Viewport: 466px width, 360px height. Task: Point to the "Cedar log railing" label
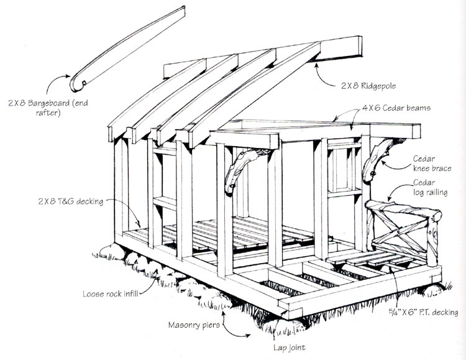pyautogui.click(x=431, y=187)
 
